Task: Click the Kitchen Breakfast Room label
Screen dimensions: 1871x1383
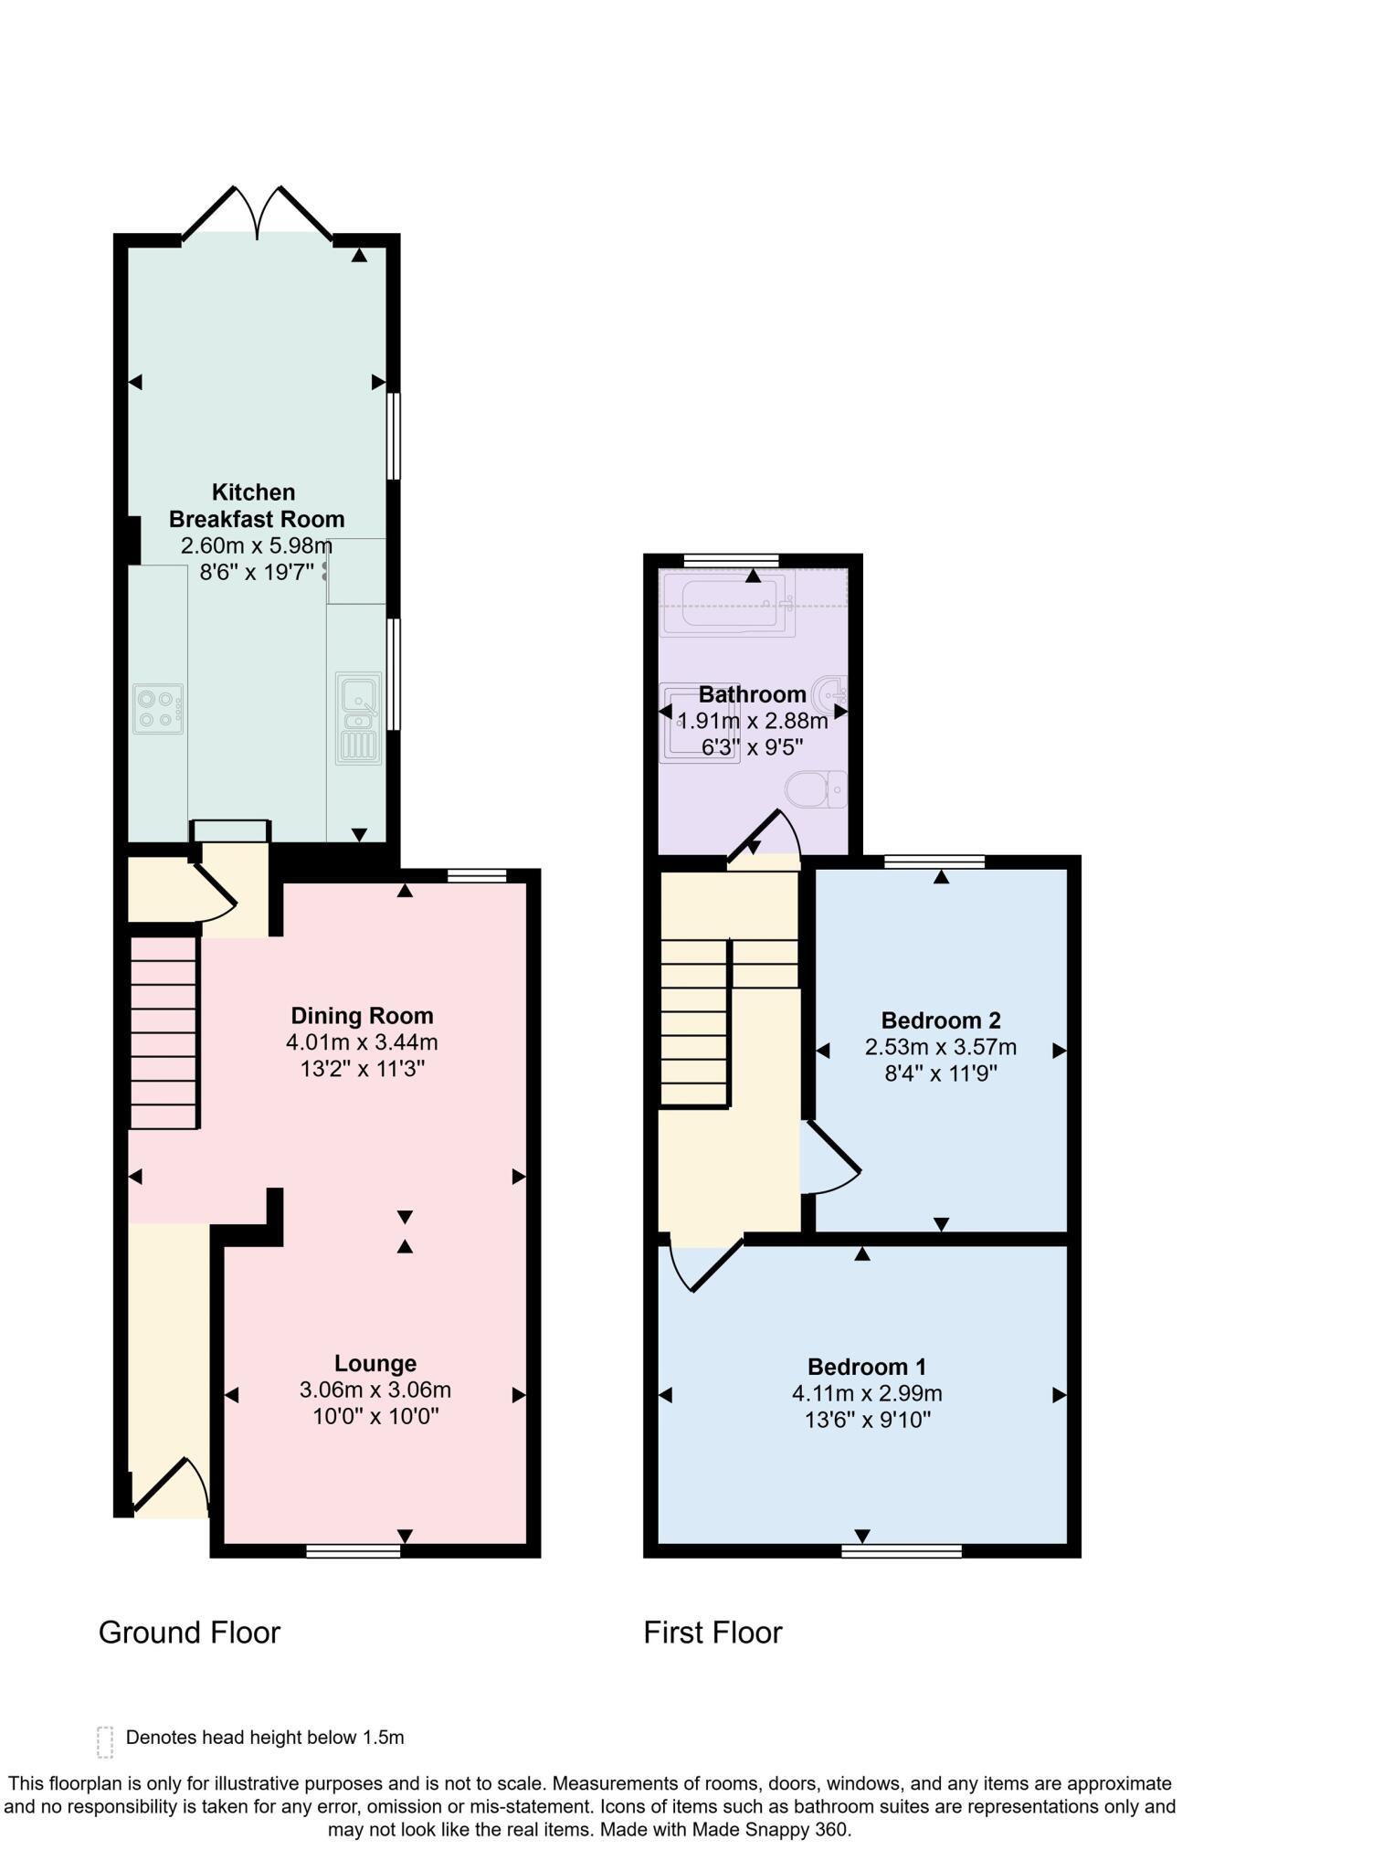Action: [256, 505]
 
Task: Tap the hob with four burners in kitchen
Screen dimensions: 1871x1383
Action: [157, 708]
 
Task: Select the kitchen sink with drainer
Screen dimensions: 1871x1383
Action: [359, 718]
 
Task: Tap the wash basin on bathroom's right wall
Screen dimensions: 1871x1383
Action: [833, 692]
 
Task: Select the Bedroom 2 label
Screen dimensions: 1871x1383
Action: [940, 1020]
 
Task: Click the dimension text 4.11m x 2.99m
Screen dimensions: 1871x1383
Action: [866, 1393]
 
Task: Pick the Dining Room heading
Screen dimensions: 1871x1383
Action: [362, 1016]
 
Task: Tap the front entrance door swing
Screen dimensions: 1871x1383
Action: [172, 1486]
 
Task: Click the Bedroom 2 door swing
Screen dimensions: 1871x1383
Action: [829, 1160]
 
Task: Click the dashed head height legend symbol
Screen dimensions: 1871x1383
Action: [105, 1741]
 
